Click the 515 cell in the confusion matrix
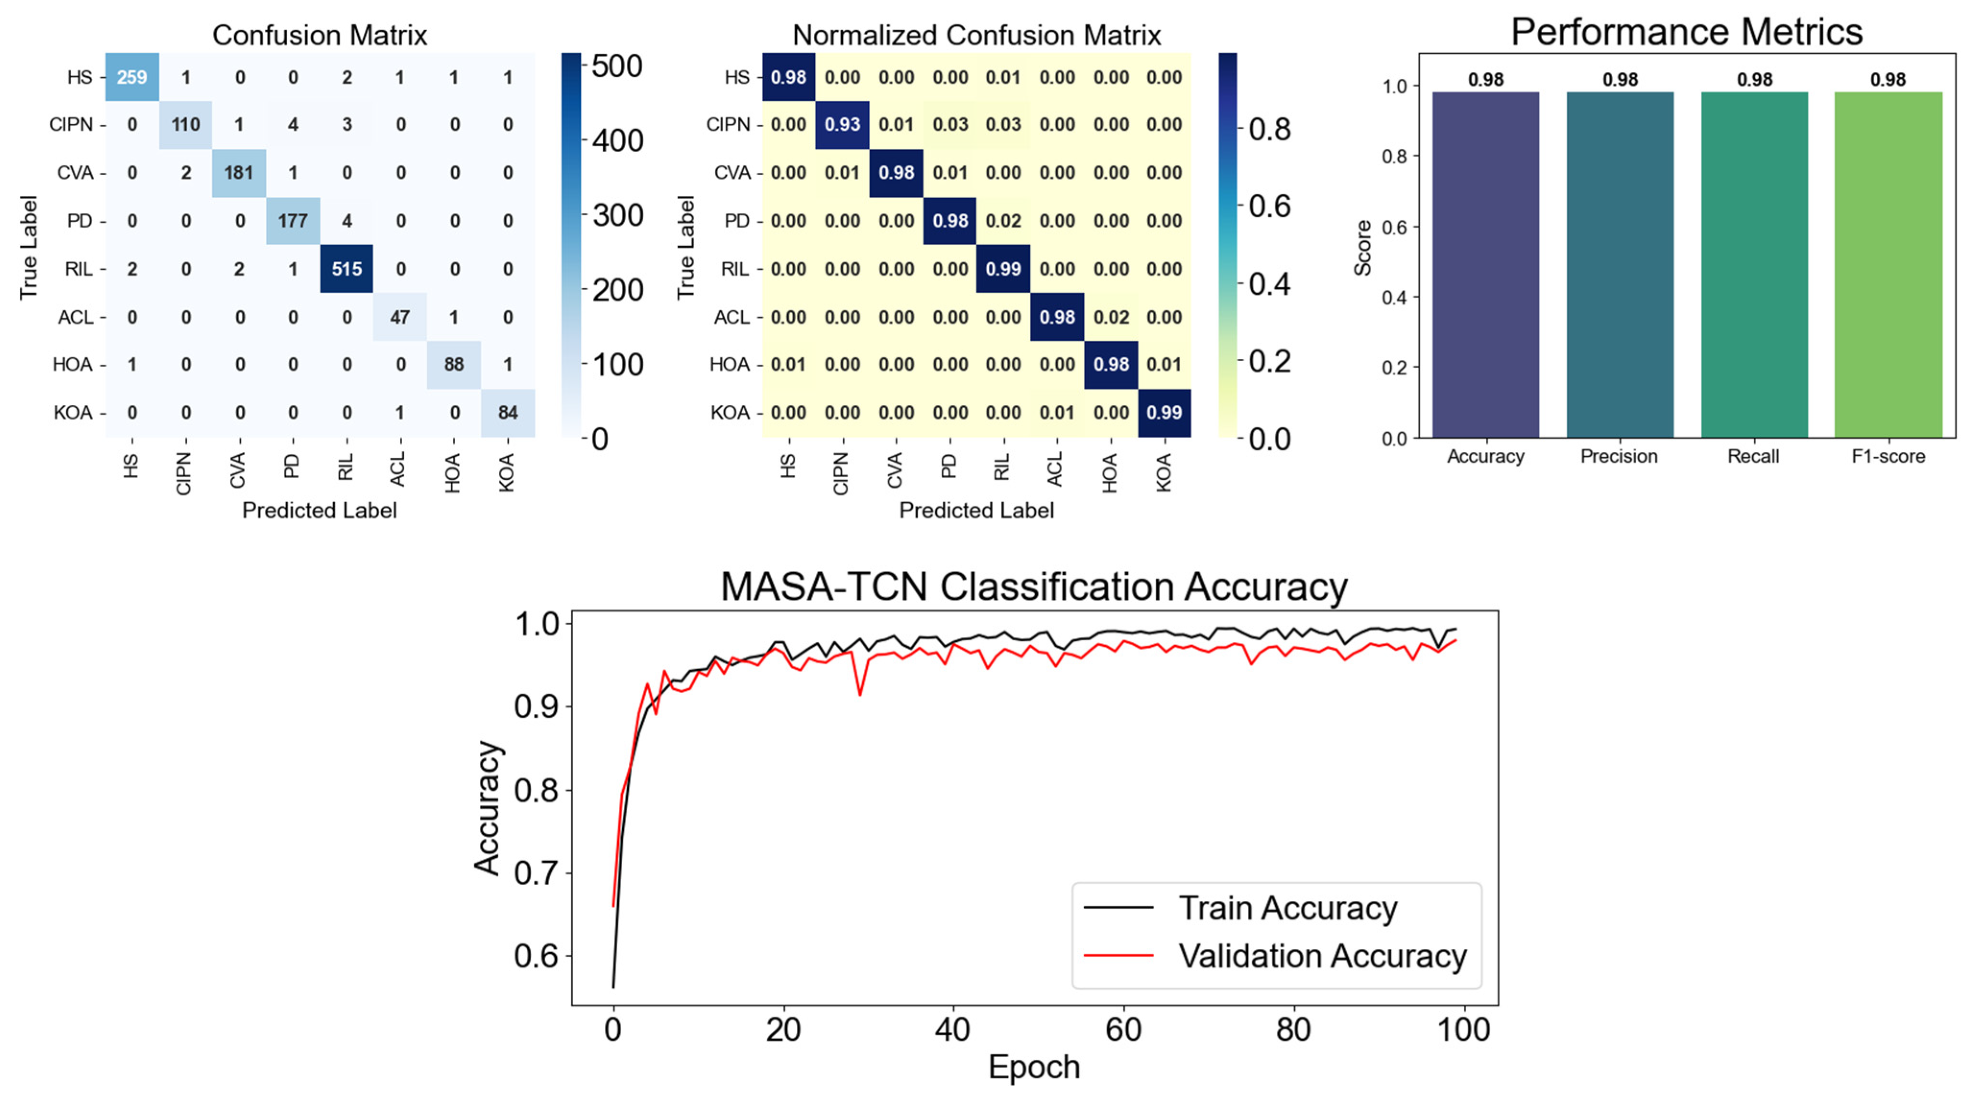(x=347, y=269)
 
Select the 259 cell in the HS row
(x=132, y=77)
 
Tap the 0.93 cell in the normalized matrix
(x=842, y=124)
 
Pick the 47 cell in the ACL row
(x=400, y=317)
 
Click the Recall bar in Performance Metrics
(x=1754, y=265)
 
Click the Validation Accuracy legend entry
(x=1275, y=956)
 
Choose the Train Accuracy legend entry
(x=1240, y=908)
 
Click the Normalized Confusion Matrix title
(x=977, y=35)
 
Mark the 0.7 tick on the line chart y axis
(x=536, y=873)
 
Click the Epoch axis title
(x=1034, y=1067)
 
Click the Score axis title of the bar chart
(x=1362, y=248)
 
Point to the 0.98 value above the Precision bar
(x=1620, y=80)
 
